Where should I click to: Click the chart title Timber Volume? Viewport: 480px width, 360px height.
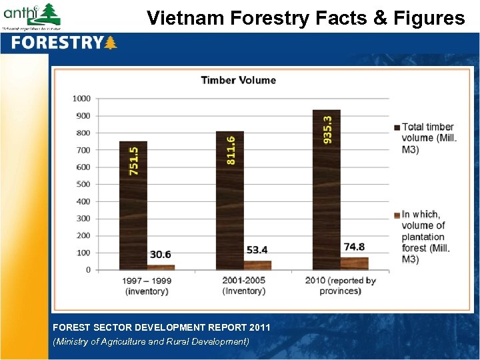pyautogui.click(x=238, y=80)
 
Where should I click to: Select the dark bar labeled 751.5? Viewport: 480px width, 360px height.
pyautogui.click(x=133, y=207)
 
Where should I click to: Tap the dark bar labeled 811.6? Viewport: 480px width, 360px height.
pyautogui.click(x=230, y=200)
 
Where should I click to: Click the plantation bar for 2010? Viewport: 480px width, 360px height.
pyautogui.click(x=354, y=263)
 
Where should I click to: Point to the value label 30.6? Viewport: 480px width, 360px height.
pyautogui.click(x=160, y=255)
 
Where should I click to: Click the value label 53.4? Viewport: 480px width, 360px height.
pyautogui.click(x=257, y=250)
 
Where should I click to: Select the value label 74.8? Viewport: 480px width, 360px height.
pyautogui.click(x=354, y=247)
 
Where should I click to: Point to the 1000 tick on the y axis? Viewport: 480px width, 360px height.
pyautogui.click(x=81, y=99)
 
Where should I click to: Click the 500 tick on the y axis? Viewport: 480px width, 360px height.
pyautogui.click(x=83, y=184)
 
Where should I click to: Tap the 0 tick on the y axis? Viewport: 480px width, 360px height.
pyautogui.click(x=88, y=270)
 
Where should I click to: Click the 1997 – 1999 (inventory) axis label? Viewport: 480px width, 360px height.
pyautogui.click(x=147, y=285)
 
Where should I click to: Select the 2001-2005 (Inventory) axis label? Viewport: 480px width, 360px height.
pyautogui.click(x=244, y=285)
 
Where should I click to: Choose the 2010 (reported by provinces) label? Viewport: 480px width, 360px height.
pyautogui.click(x=340, y=285)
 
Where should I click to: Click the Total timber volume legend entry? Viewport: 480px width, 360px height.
pyautogui.click(x=427, y=138)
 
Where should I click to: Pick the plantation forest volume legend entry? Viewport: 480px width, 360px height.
pyautogui.click(x=427, y=237)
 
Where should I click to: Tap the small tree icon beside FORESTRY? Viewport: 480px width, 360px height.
pyautogui.click(x=111, y=43)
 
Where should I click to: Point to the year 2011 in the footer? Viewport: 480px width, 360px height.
pyautogui.click(x=259, y=327)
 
